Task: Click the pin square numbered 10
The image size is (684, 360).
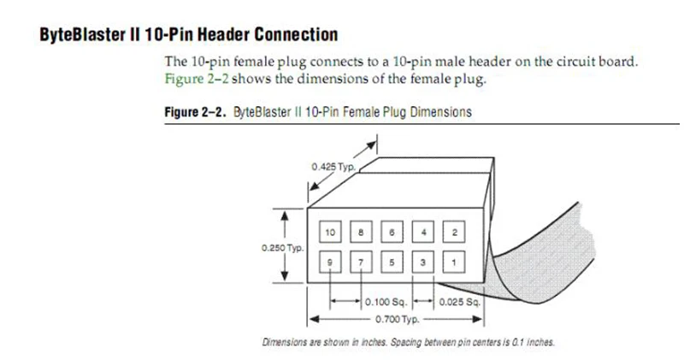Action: click(x=330, y=232)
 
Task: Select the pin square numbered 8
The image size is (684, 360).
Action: click(x=361, y=232)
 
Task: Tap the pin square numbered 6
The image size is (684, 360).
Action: click(x=392, y=232)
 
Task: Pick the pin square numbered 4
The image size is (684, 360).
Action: click(x=422, y=232)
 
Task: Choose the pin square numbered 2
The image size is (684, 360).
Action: click(x=454, y=232)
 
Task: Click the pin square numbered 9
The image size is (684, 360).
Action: click(x=330, y=262)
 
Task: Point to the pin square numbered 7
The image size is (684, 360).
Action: click(x=361, y=262)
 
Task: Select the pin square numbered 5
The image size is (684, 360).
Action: click(x=392, y=262)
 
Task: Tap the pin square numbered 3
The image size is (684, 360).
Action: click(x=422, y=262)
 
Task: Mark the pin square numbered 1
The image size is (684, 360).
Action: click(x=454, y=262)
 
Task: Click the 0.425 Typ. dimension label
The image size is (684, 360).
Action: click(x=333, y=167)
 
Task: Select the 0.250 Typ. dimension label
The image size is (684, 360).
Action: click(x=283, y=248)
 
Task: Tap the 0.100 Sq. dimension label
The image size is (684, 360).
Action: click(x=386, y=302)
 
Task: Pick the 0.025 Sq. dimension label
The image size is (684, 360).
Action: click(x=459, y=302)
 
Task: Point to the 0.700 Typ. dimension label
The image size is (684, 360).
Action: click(x=397, y=320)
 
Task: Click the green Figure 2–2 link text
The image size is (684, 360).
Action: click(x=197, y=79)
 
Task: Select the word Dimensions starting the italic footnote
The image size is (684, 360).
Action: click(x=285, y=342)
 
